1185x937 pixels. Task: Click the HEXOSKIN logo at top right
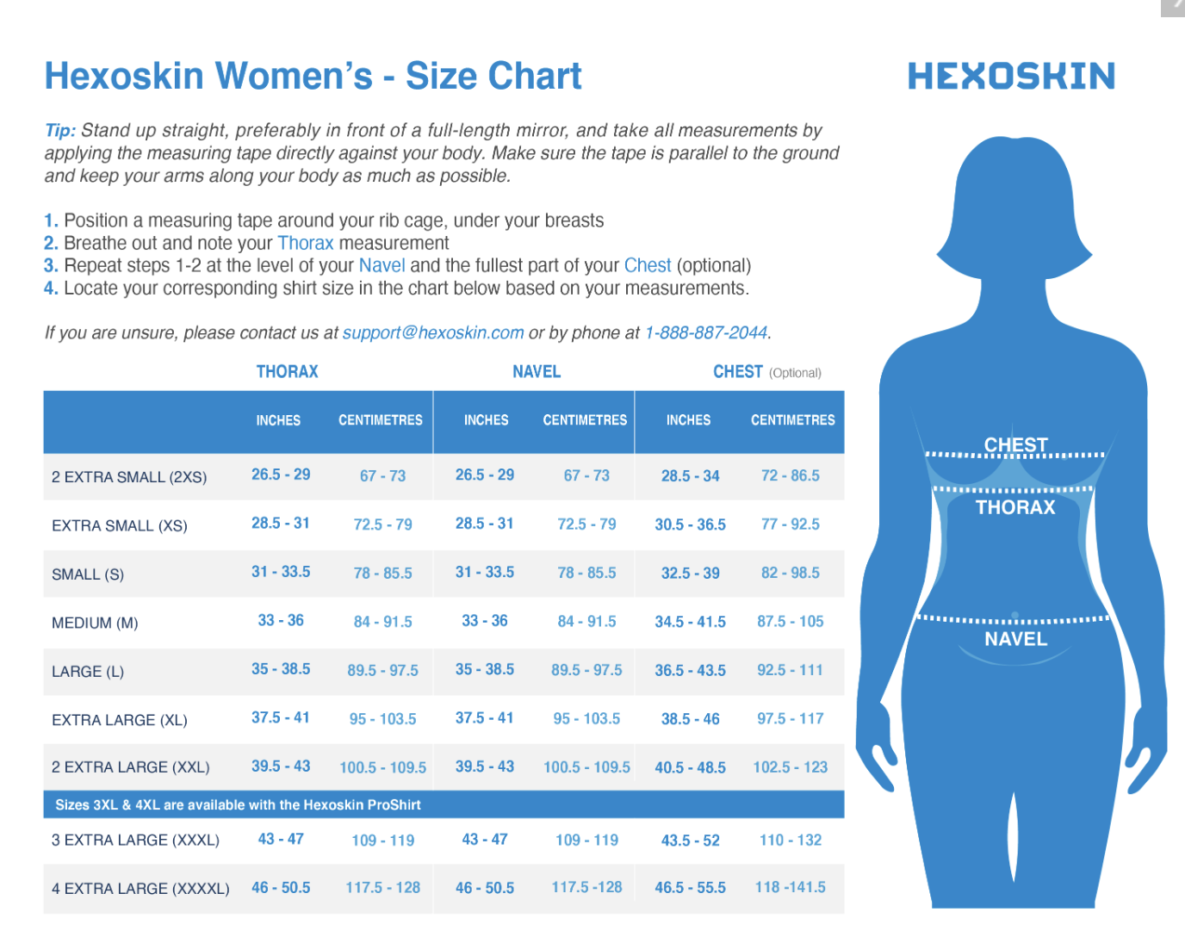(1011, 76)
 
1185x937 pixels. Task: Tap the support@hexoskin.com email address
(433, 333)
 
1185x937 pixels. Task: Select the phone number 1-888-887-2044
(706, 333)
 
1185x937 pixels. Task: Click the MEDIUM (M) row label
(95, 623)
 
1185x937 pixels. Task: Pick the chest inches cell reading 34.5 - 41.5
(690, 622)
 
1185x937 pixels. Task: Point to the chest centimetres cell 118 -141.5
(790, 887)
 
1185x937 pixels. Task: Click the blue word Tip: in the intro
(60, 131)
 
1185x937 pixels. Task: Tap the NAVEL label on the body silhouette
(1015, 639)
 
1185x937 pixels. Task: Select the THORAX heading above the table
(287, 372)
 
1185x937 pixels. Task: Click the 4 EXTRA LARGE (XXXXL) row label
(140, 889)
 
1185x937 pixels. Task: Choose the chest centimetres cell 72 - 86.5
(790, 475)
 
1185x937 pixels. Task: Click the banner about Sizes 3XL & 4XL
(238, 805)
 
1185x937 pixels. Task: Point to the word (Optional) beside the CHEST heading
(795, 373)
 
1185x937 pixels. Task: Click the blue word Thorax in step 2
(305, 244)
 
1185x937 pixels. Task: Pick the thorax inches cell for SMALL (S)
(281, 572)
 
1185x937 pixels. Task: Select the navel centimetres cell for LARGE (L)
(586, 670)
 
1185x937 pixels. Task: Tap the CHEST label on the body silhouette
(1016, 445)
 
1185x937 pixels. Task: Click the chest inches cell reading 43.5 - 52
(690, 841)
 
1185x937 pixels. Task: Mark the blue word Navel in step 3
(382, 266)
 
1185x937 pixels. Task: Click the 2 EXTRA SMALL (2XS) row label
(129, 477)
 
